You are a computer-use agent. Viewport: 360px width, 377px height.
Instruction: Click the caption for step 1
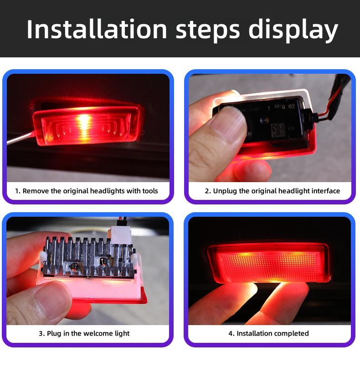coord(87,191)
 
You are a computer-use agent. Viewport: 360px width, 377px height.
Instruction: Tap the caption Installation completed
coord(268,334)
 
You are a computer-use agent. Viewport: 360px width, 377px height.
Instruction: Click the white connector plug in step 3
coord(121,235)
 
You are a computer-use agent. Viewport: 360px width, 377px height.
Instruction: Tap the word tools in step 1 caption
coord(149,191)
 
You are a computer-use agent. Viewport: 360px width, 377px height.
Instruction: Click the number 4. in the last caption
coord(231,334)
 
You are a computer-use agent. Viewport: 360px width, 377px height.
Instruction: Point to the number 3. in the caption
coord(41,334)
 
